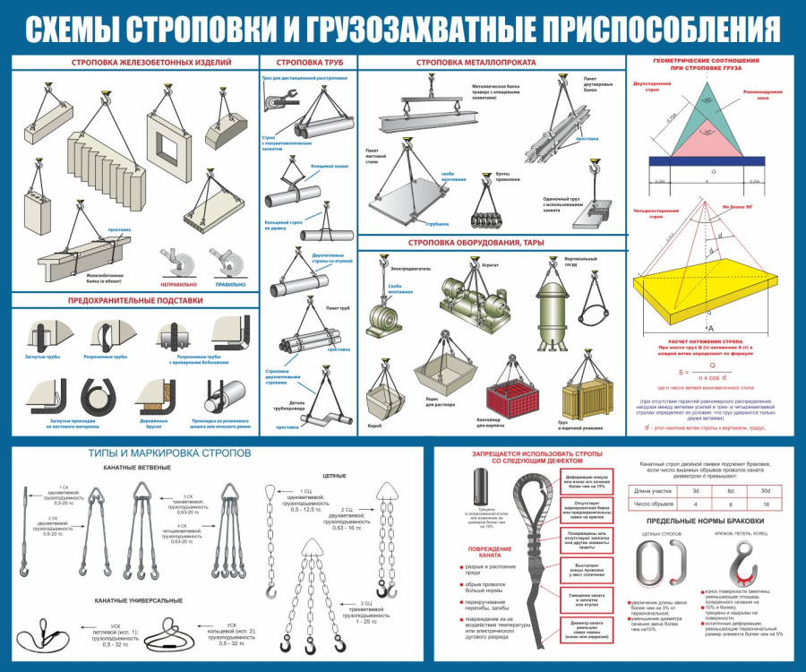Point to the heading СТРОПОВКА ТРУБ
(x=308, y=63)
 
